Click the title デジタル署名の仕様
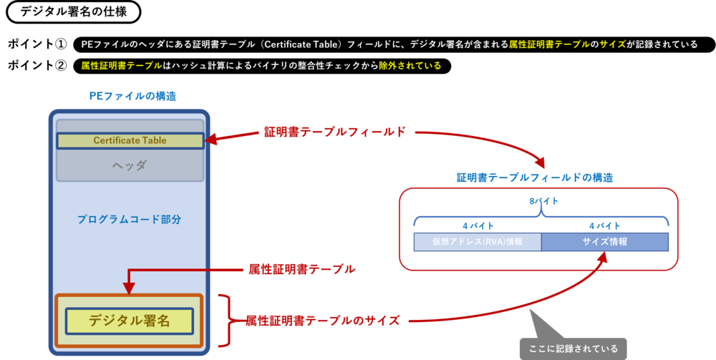(x=69, y=11)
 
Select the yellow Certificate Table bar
(x=130, y=141)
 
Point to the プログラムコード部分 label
(x=129, y=219)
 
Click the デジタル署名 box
(x=129, y=321)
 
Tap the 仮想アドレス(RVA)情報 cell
(x=477, y=242)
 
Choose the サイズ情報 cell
(x=604, y=242)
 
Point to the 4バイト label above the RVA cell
(x=476, y=225)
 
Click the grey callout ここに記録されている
(x=573, y=349)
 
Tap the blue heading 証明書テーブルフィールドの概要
(x=534, y=177)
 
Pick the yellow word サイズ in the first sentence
(x=613, y=44)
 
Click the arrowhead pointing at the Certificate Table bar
(x=211, y=141)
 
